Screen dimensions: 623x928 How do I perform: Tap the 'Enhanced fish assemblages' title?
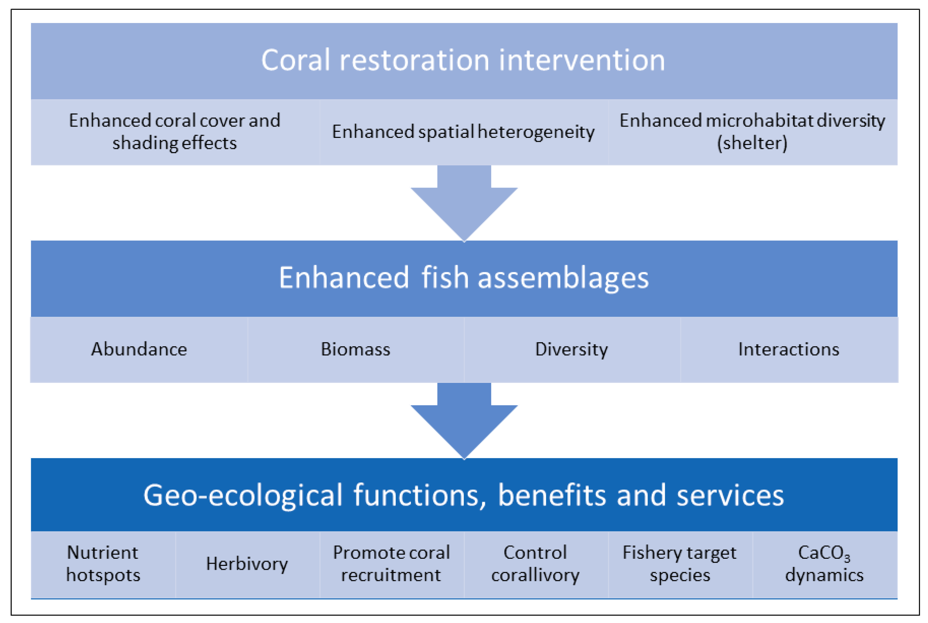[x=464, y=278]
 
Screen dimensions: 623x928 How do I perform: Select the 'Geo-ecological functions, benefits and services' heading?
[x=464, y=495]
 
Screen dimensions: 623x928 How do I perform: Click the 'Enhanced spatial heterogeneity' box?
[x=464, y=132]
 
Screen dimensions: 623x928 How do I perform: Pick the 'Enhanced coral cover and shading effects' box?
[x=175, y=132]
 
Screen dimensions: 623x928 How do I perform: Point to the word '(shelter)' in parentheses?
[x=752, y=143]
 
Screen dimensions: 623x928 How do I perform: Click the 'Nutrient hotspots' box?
[x=103, y=564]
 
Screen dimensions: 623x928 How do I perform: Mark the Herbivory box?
[x=247, y=564]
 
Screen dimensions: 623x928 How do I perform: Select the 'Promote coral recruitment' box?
[x=391, y=564]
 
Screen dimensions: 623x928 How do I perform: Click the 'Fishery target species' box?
[x=680, y=564]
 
